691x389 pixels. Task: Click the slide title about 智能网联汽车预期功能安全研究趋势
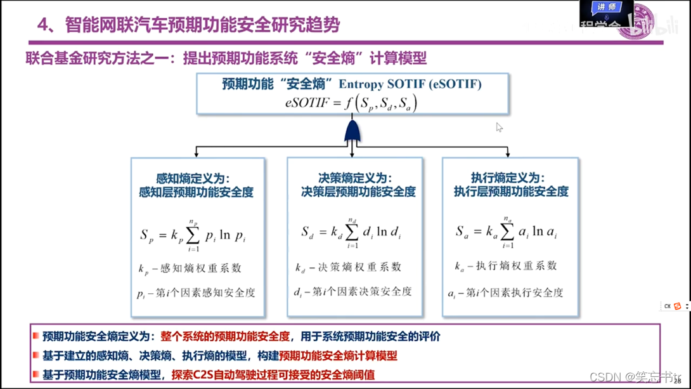tap(188, 25)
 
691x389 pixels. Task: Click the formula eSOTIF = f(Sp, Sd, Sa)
tap(351, 102)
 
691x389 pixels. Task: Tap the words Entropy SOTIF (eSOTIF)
tap(410, 84)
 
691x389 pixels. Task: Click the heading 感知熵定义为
tap(193, 179)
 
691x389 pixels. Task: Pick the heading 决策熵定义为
tap(355, 178)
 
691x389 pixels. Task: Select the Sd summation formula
tap(350, 232)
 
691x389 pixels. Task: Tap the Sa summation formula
tap(506, 232)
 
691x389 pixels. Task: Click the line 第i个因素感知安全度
tap(197, 293)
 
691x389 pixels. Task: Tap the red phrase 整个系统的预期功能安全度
tap(225, 336)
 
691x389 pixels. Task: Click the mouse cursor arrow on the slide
tap(499, 127)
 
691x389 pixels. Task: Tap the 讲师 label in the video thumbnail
tap(606, 6)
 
